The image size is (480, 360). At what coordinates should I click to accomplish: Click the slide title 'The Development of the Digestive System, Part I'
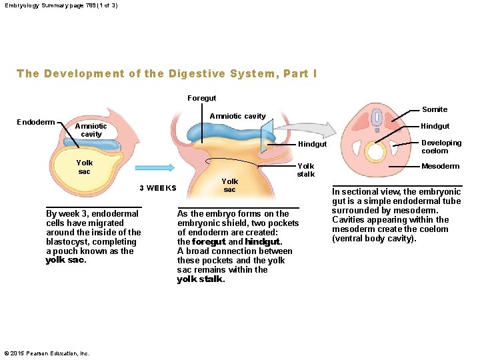click(x=167, y=73)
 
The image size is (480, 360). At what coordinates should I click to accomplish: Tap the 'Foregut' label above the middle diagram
click(x=201, y=98)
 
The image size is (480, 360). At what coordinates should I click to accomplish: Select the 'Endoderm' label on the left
click(x=36, y=122)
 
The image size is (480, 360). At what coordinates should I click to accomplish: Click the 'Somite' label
click(x=435, y=109)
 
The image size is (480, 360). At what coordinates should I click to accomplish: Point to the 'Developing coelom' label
click(x=441, y=147)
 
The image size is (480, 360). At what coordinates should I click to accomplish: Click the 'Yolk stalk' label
click(x=306, y=170)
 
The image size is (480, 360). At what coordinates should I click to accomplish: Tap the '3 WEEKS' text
click(x=158, y=188)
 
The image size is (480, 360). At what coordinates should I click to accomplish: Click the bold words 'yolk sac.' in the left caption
click(x=65, y=261)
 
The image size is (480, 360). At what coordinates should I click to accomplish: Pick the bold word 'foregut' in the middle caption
click(x=209, y=242)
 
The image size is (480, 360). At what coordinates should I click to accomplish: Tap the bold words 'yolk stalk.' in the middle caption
click(x=201, y=280)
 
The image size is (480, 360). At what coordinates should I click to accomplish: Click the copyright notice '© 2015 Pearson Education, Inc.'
click(x=47, y=353)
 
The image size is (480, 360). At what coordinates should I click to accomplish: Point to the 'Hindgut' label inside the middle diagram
click(x=312, y=144)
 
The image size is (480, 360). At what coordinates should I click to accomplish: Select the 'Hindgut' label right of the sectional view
click(x=434, y=126)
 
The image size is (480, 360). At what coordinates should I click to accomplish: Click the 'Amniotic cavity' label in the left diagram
click(x=91, y=130)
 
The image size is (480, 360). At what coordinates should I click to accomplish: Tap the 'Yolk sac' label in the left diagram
click(x=85, y=167)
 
